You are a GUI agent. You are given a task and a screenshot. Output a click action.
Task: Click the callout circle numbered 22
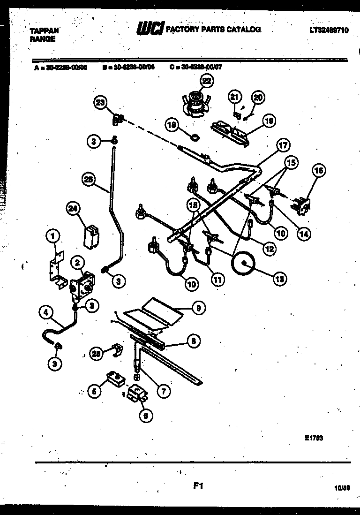tap(206, 81)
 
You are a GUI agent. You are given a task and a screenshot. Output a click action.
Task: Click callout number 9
tap(199, 308)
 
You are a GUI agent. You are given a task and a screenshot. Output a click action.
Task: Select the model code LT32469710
tap(329, 30)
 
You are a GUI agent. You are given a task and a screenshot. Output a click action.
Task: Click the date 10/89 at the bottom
tap(344, 488)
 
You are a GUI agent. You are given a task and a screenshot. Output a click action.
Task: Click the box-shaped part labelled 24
tap(90, 235)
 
